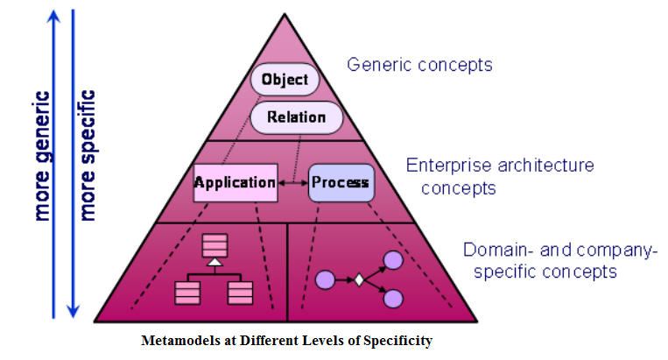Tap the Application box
coord(235,182)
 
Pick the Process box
coord(340,183)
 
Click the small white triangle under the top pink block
coord(214,262)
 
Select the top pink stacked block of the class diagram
coord(214,245)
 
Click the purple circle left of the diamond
coord(325,280)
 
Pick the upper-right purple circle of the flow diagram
coord(393,260)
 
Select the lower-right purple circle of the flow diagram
coord(393,300)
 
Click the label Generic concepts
coord(419,65)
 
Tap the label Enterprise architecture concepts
coord(499,176)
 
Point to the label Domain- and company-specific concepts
coord(559,261)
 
